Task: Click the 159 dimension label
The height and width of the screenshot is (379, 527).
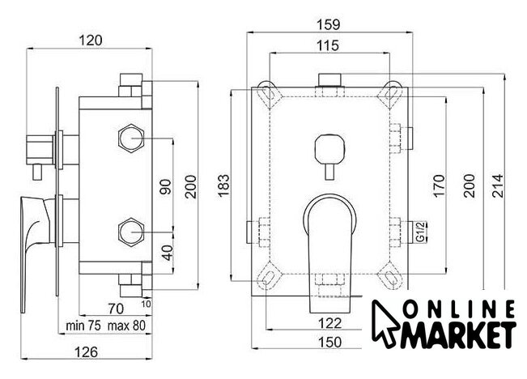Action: (329, 24)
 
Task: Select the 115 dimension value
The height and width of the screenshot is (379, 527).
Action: (329, 45)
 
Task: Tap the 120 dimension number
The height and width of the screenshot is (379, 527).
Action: (90, 40)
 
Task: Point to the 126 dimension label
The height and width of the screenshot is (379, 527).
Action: (86, 352)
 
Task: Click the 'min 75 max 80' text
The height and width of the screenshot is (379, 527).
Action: (106, 326)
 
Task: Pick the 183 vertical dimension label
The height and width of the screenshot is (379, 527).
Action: (223, 185)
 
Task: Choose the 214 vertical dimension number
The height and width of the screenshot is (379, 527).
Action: (498, 185)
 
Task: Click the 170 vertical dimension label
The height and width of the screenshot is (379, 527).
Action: (439, 185)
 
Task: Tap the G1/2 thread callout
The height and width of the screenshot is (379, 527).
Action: (420, 232)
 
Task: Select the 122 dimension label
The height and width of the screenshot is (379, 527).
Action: (329, 323)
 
